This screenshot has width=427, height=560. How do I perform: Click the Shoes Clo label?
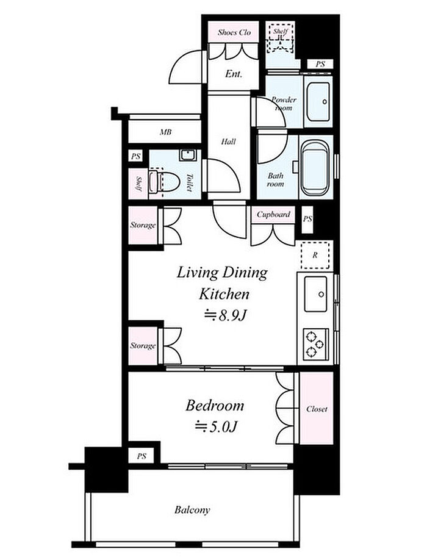(234, 32)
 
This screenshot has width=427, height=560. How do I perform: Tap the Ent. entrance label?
(234, 74)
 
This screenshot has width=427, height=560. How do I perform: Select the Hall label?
(228, 142)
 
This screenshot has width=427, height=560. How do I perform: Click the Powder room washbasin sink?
(318, 102)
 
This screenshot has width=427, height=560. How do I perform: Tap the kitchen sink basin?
(315, 294)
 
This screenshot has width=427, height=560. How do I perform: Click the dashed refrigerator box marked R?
(315, 255)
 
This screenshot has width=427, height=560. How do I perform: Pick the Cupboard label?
(273, 215)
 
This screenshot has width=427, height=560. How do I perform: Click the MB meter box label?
(165, 132)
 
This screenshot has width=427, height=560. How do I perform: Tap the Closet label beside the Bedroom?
(317, 409)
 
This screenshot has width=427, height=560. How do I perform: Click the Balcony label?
(192, 509)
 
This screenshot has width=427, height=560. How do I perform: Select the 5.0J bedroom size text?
(217, 426)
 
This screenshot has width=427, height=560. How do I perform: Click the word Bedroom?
(215, 405)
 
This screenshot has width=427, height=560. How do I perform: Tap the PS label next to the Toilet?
(135, 156)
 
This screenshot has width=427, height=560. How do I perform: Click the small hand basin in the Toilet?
(187, 156)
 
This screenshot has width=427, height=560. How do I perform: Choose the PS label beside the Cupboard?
(307, 218)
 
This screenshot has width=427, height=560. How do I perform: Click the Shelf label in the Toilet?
(138, 183)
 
